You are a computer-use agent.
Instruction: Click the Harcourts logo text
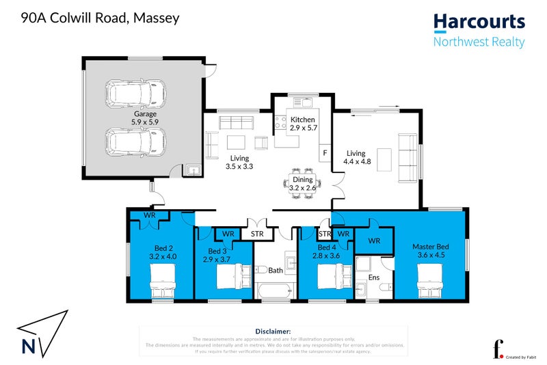(479, 23)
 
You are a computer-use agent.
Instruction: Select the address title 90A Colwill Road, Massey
(101, 18)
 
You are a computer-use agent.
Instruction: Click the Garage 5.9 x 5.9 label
(145, 118)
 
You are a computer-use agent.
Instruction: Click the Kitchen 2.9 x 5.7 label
(302, 124)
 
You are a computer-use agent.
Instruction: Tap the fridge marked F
(325, 152)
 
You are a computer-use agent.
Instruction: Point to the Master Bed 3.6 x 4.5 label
(431, 251)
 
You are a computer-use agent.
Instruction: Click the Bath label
(276, 271)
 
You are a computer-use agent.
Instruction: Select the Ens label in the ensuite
(374, 278)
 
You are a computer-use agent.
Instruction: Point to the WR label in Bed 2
(150, 216)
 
